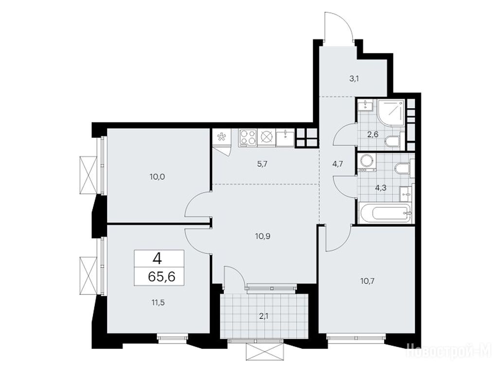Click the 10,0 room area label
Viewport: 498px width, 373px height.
coord(157,177)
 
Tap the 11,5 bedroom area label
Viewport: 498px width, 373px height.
coord(158,302)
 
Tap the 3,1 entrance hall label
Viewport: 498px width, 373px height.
coord(354,79)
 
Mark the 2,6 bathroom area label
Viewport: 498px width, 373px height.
coord(373,135)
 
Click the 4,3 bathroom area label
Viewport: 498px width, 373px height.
coord(380,188)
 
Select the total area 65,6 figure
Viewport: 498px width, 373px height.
coord(161,277)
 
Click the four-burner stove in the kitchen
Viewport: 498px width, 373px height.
coord(247,137)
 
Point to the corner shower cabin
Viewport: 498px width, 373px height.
coord(391,112)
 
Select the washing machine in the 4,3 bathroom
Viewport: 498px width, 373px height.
coord(367,163)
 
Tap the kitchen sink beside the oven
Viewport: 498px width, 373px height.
coord(285,137)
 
